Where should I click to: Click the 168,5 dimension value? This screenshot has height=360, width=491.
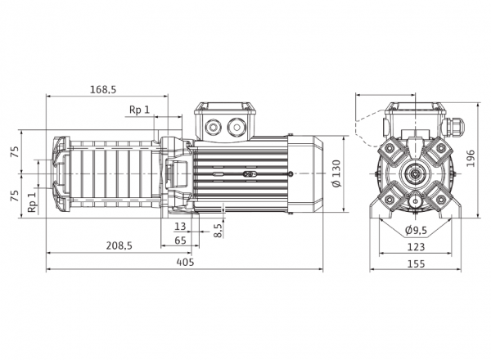(x=103, y=89)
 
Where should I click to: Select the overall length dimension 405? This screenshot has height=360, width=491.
(x=185, y=262)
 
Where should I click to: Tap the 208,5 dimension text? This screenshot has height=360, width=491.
(x=119, y=245)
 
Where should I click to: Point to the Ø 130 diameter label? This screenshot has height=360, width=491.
(x=336, y=173)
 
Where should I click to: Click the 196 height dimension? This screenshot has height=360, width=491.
(x=471, y=159)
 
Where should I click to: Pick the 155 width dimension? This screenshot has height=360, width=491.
(x=417, y=264)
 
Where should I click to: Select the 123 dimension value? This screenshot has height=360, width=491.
(x=416, y=247)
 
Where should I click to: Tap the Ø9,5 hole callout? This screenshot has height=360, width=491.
(x=416, y=231)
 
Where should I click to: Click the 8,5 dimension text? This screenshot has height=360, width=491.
(x=218, y=229)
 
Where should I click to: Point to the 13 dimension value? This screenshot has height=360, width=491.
(x=180, y=226)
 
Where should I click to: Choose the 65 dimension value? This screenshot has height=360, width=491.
(x=180, y=241)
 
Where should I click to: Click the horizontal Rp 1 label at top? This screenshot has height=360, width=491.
(x=139, y=110)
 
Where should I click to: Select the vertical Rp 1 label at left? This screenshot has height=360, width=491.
(x=32, y=202)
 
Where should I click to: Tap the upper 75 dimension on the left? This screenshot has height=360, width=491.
(x=15, y=151)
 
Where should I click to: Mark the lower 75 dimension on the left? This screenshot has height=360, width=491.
(x=15, y=196)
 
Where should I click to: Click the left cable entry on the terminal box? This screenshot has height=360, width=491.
(x=214, y=127)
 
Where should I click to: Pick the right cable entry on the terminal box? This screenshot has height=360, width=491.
(x=236, y=127)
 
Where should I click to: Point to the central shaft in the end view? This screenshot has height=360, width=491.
(x=415, y=173)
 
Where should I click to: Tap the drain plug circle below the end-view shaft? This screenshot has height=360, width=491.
(x=415, y=200)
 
